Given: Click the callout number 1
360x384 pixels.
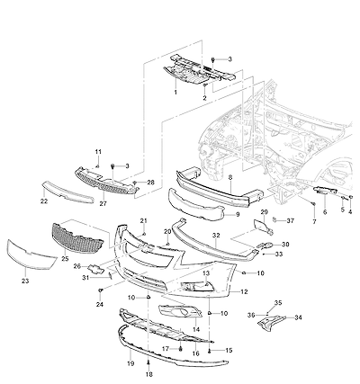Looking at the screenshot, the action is point(175,92).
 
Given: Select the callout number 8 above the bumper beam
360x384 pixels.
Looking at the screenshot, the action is point(230,177).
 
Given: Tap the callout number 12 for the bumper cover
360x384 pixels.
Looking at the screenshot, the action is point(244,291).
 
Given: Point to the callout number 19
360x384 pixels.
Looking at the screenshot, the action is point(130,363).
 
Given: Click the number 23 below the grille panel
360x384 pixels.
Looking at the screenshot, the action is point(25,281).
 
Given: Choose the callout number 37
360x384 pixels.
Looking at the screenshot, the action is point(291,221).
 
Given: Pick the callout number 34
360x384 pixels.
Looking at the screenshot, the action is point(298,317).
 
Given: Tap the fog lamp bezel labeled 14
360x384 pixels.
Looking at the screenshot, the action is point(180,311).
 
